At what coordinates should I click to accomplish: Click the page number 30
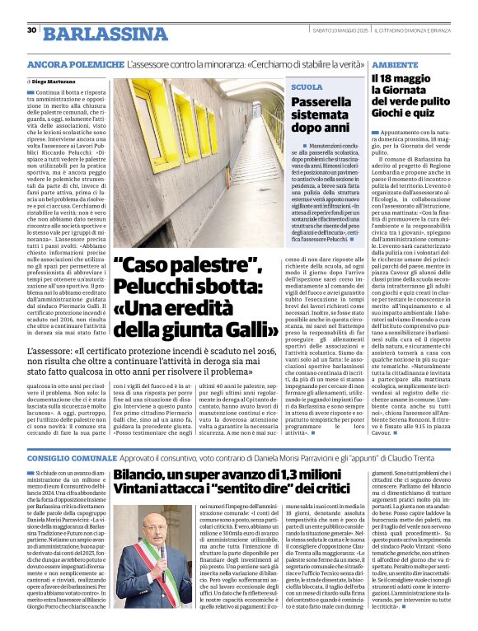(31, 30)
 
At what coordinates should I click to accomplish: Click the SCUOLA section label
(307, 86)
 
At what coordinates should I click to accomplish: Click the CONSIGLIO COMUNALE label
(69, 456)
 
